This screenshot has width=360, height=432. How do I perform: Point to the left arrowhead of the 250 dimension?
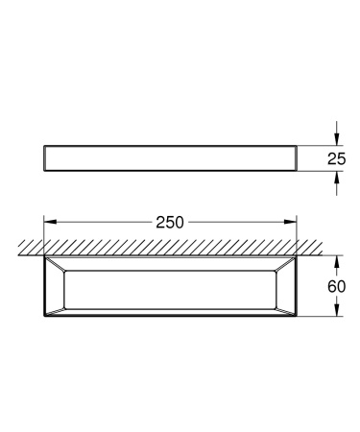pyautogui.click(x=48, y=220)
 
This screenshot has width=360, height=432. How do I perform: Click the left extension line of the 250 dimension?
pyautogui.click(x=43, y=230)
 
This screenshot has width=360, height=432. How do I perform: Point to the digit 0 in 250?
pyautogui.click(x=179, y=220)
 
